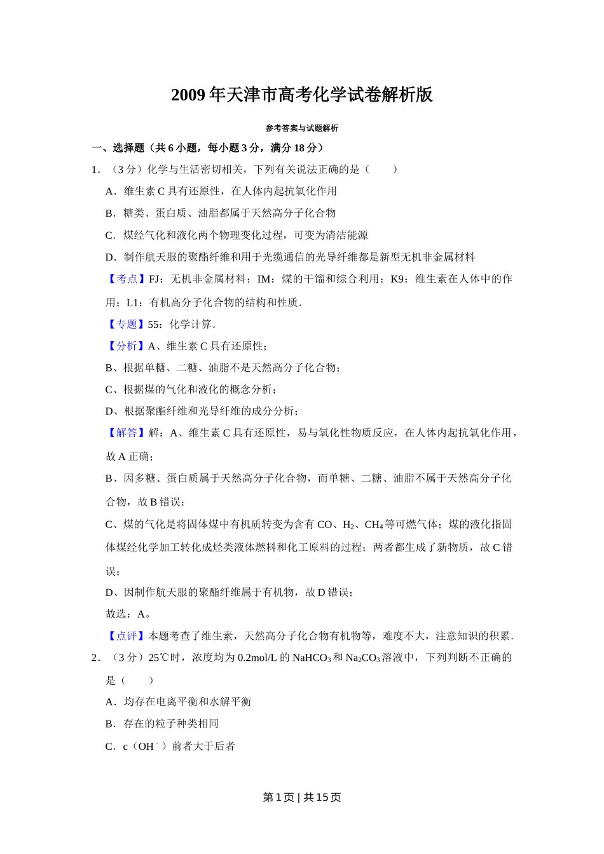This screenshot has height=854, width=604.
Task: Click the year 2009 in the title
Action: [x=188, y=95]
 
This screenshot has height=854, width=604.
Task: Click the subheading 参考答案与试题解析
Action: [x=302, y=128]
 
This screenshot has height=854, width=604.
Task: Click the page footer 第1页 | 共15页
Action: [x=302, y=797]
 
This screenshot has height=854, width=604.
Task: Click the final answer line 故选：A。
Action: [x=128, y=614]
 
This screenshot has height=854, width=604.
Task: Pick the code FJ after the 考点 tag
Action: [x=154, y=279]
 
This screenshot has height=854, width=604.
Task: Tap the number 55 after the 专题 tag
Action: [x=153, y=325]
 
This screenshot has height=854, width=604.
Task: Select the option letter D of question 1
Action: [x=110, y=257]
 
